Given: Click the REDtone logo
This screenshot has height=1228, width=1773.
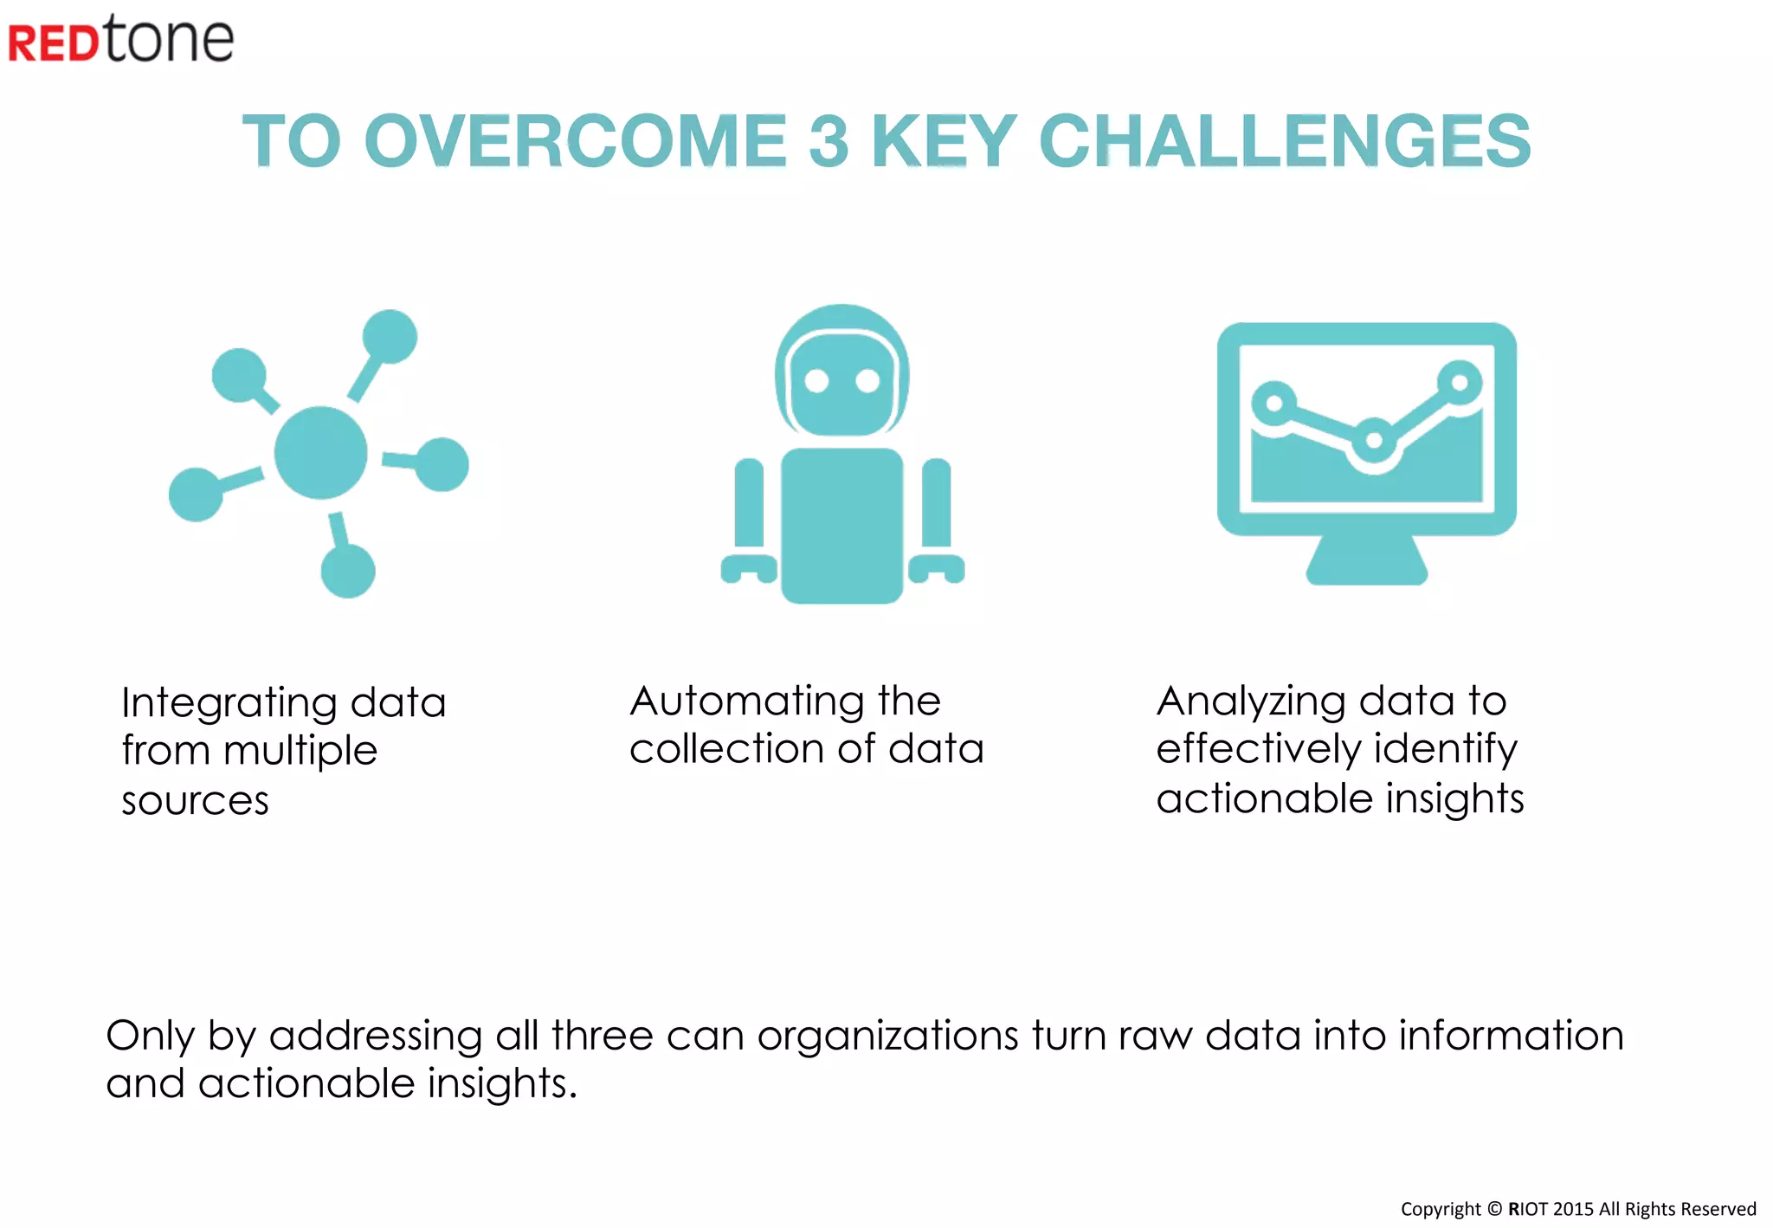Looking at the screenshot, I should point(121,40).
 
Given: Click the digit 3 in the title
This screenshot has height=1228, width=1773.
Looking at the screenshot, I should point(828,141).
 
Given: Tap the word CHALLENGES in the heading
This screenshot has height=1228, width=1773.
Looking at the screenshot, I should point(1285,141).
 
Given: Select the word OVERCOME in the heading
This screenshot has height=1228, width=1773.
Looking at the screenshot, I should point(575,141).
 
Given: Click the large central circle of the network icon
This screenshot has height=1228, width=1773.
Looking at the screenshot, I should point(320,453).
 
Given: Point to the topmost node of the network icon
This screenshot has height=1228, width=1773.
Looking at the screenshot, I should point(390,336).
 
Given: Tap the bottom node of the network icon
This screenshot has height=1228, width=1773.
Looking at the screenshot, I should point(348,571).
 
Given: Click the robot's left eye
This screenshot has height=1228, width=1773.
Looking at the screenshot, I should point(816,381).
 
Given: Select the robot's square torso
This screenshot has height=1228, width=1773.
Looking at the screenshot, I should point(841,525).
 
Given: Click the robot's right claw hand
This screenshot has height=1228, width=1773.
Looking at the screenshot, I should point(937,568).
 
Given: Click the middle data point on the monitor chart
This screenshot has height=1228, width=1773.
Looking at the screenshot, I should point(1373,440).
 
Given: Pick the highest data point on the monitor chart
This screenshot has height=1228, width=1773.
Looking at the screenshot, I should point(1460,382).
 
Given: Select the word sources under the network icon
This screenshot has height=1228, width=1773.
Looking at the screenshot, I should point(196,801).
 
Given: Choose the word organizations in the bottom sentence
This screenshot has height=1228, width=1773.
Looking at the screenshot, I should point(888,1036).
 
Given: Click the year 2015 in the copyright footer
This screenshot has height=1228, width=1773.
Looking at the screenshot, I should point(1574,1209).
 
